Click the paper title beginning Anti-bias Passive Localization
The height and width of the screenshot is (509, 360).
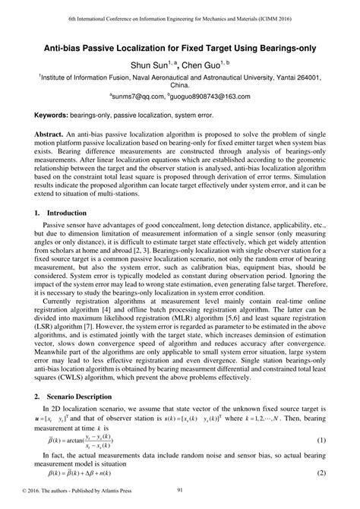click(180, 46)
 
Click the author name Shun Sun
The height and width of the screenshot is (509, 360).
click(147, 65)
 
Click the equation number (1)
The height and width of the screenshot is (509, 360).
click(321, 441)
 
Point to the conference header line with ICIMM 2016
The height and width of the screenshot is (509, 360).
click(180, 17)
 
